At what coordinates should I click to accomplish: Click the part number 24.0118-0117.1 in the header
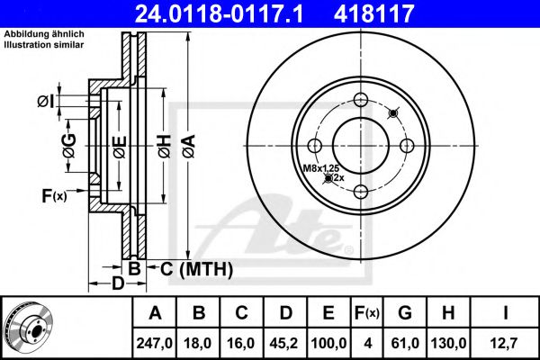(219, 13)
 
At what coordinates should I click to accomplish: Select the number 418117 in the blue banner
(373, 13)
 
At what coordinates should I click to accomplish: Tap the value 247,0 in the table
(154, 343)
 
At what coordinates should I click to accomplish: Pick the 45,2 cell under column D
(284, 343)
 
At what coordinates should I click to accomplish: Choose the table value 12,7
(505, 343)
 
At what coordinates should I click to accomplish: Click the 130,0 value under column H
(448, 343)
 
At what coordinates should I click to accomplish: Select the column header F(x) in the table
(367, 313)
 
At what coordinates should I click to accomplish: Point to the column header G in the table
(405, 313)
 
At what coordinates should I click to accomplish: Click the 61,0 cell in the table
(405, 343)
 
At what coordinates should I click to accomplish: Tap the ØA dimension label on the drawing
(189, 146)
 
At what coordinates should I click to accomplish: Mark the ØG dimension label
(69, 146)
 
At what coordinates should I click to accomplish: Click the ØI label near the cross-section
(46, 102)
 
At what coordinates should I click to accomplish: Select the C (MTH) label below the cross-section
(196, 269)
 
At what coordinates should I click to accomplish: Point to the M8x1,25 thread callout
(321, 168)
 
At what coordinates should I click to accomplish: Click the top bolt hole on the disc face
(361, 100)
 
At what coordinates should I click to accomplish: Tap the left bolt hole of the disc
(314, 146)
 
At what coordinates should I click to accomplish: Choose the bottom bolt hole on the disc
(361, 192)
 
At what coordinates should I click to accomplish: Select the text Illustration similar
(44, 45)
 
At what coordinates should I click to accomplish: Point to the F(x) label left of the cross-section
(54, 196)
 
